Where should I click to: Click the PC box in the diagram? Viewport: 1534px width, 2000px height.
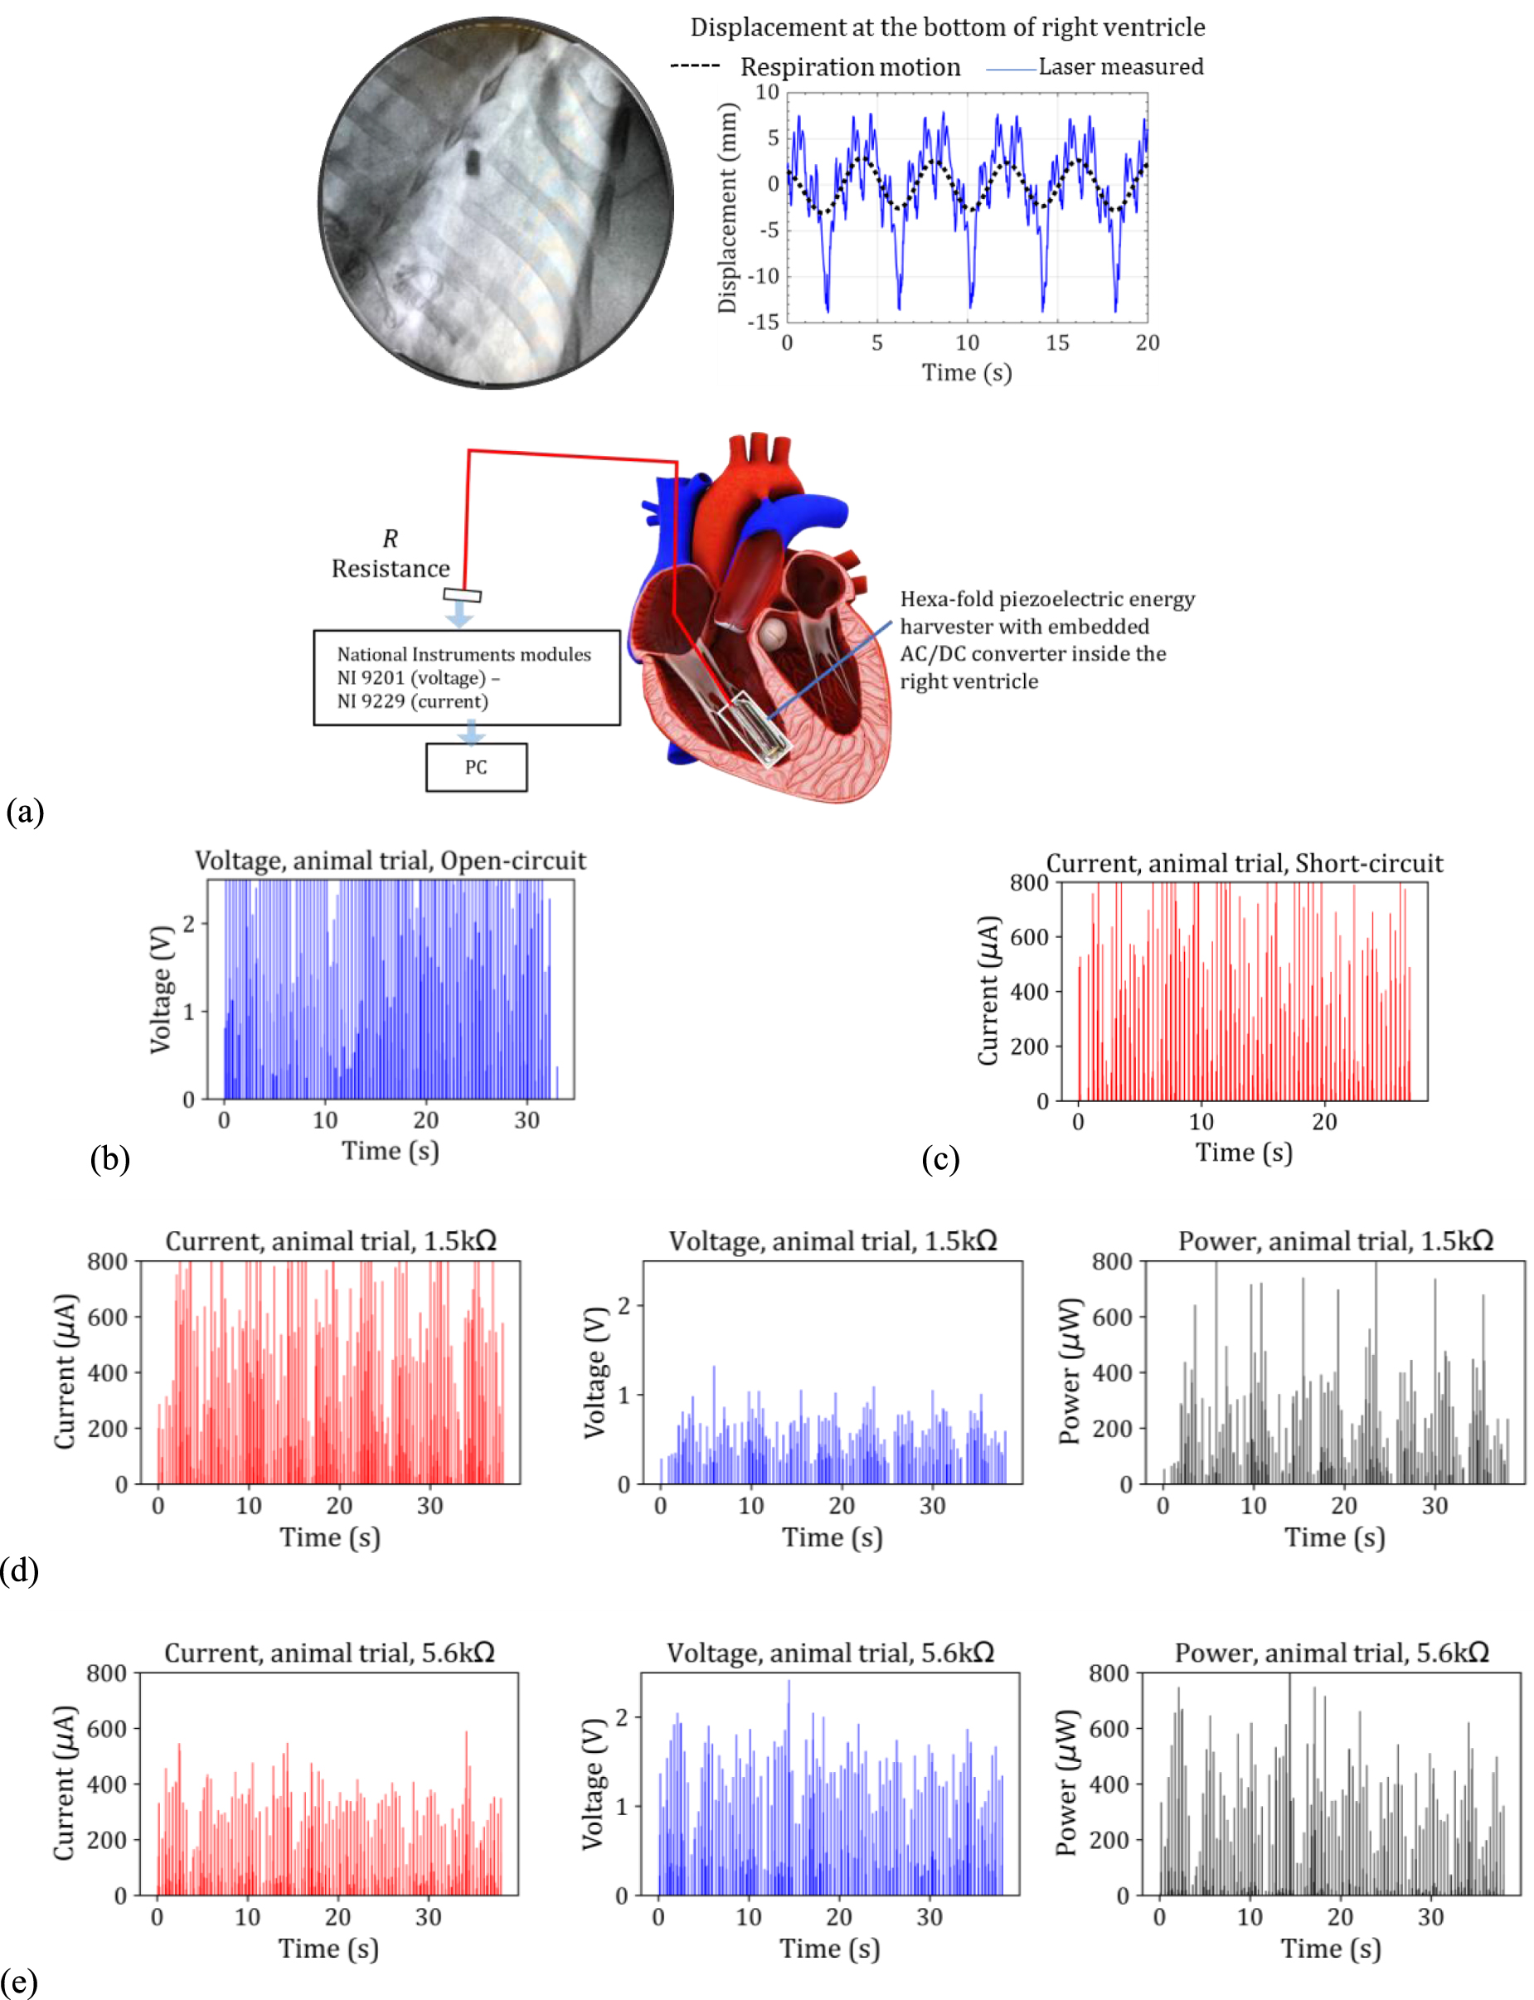point(476,767)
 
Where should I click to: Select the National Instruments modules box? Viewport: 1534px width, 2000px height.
point(467,677)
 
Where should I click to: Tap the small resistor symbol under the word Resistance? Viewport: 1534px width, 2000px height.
point(462,595)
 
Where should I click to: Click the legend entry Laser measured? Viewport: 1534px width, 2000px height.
point(1120,66)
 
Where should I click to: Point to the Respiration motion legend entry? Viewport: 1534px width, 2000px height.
point(849,66)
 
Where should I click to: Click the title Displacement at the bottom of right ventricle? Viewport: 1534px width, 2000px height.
point(947,27)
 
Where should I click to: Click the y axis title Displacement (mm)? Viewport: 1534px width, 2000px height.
point(727,208)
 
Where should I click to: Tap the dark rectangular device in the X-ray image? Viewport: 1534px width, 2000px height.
point(472,163)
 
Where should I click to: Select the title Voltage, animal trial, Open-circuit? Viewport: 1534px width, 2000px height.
point(390,861)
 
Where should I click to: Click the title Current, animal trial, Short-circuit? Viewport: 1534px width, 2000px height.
point(1244,863)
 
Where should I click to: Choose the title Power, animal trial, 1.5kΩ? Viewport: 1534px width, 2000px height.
point(1335,1241)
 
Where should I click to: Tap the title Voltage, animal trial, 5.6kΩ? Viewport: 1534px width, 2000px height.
point(830,1653)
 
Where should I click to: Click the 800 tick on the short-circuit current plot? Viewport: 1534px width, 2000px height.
point(1028,883)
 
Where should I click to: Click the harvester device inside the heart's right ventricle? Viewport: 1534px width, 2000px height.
point(757,727)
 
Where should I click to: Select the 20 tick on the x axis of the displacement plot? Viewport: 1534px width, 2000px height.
point(1147,343)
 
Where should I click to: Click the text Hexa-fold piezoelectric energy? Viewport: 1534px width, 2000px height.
point(1047,600)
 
